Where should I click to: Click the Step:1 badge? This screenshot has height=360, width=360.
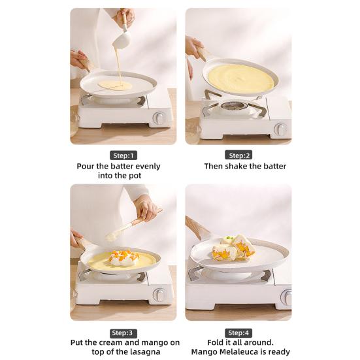pos(123,155)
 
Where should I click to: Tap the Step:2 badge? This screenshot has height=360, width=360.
pos(238,155)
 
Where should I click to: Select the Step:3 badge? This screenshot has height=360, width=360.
pos(123,332)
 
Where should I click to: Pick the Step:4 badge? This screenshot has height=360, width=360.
pos(238,332)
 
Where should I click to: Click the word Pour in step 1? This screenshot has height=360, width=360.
pos(87,166)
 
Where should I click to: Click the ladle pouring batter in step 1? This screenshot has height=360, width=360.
pos(121,39)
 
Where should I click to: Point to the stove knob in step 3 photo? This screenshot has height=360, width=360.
pos(158,295)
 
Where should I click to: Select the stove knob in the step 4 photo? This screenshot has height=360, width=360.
pos(286,297)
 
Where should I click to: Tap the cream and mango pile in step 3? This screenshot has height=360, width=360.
pos(123,257)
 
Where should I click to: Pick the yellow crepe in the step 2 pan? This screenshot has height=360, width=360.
pos(240,78)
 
